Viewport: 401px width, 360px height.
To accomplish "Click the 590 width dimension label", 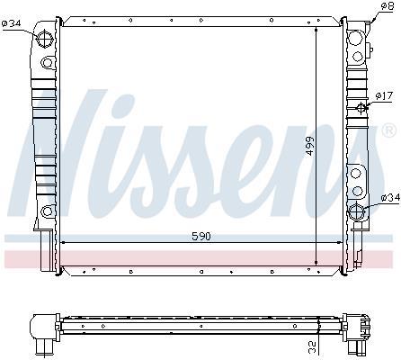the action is [201, 237].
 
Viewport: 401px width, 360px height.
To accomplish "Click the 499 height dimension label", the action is [309, 146].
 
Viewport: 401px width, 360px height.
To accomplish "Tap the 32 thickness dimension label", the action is [312, 347].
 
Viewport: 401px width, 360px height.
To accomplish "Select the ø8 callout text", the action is [388, 6].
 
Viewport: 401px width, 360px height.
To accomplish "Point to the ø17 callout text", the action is [384, 96].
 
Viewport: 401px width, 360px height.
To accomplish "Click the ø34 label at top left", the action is [11, 23].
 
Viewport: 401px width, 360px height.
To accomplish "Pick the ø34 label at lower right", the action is [390, 197].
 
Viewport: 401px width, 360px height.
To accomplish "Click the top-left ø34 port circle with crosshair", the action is [45, 39].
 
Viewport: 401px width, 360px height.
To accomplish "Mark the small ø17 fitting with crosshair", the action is [361, 107].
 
